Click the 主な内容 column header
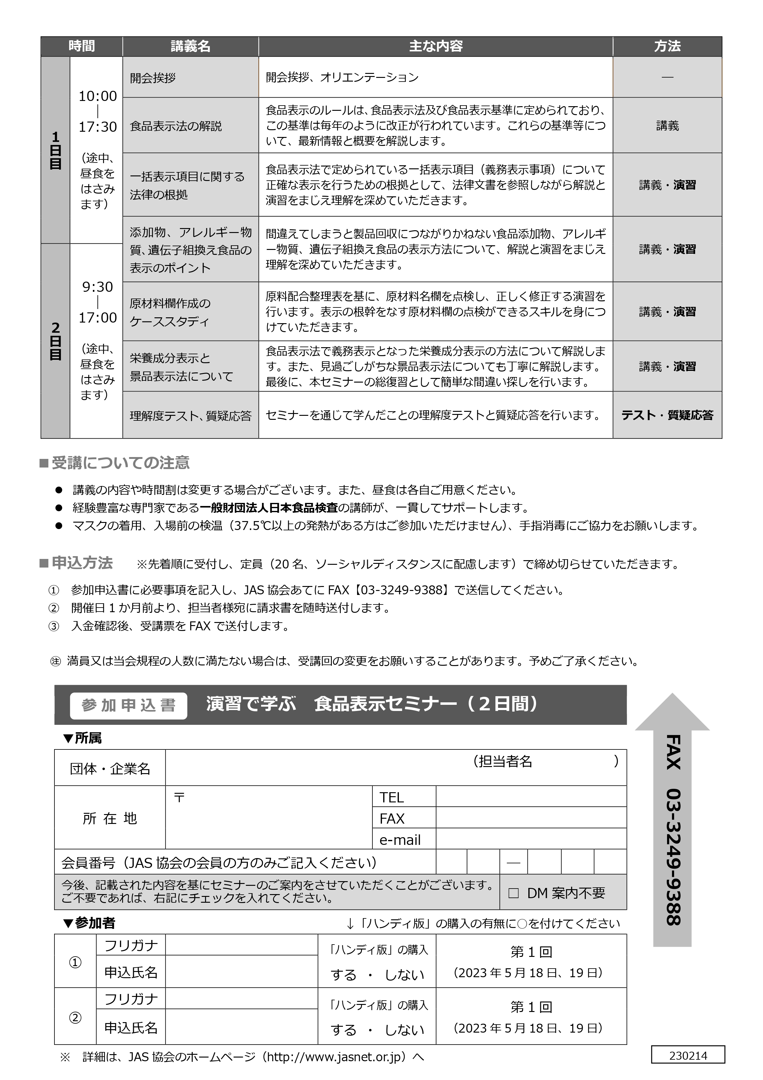(x=435, y=46)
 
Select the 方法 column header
(x=667, y=46)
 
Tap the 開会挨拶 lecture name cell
(x=153, y=78)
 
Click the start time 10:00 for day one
(x=97, y=96)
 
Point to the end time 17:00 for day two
(x=97, y=318)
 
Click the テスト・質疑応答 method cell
(x=667, y=415)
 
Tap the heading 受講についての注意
(x=120, y=463)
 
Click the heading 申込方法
(x=82, y=563)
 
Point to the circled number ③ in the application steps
(x=54, y=626)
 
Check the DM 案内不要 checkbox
(x=513, y=893)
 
